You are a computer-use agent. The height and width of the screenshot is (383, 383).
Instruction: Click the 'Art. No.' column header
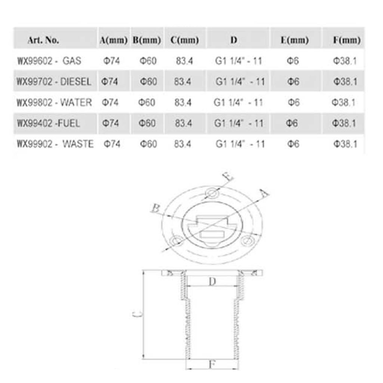pyautogui.click(x=43, y=40)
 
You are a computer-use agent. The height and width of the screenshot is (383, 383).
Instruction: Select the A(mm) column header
pyautogui.click(x=114, y=40)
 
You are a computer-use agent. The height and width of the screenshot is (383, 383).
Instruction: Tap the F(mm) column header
pyautogui.click(x=347, y=40)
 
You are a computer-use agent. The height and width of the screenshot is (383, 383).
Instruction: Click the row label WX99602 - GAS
pyautogui.click(x=49, y=61)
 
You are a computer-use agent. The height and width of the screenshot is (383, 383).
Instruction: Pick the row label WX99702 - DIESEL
pyautogui.click(x=54, y=82)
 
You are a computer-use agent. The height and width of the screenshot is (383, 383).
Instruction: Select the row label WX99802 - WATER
pyautogui.click(x=54, y=102)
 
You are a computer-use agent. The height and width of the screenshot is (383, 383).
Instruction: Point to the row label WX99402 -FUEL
pyautogui.click(x=48, y=123)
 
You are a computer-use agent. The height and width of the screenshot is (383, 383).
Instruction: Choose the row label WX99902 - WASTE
pyautogui.click(x=55, y=144)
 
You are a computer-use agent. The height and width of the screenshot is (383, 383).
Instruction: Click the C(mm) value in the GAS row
pyautogui.click(x=184, y=61)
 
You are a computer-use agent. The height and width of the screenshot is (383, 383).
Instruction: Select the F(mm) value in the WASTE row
pyautogui.click(x=345, y=144)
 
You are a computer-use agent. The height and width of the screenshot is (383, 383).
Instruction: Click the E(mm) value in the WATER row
pyautogui.click(x=294, y=102)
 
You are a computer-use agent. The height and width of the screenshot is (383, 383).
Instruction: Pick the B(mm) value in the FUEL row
pyautogui.click(x=147, y=123)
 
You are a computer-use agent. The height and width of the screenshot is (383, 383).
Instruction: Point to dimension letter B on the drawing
pyautogui.click(x=155, y=208)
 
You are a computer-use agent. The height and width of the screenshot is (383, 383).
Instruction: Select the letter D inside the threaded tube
pyautogui.click(x=212, y=282)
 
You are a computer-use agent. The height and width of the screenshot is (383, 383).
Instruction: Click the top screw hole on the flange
pyautogui.click(x=212, y=194)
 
